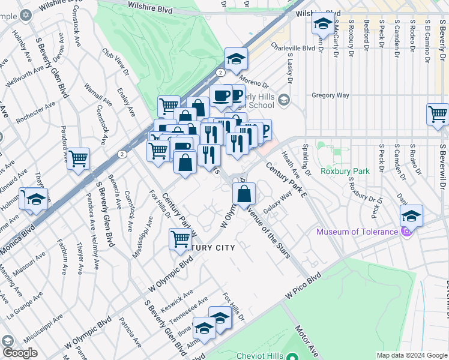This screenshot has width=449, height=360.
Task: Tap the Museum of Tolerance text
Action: coord(358,232)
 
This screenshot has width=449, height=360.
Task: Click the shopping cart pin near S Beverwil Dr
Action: coord(438,114)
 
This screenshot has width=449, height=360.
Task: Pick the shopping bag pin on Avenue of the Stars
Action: coord(244,194)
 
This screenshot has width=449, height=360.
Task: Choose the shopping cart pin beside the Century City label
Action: coord(181,239)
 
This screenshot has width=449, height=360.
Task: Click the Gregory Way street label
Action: coord(330,95)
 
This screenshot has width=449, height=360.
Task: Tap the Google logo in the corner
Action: coord(19,353)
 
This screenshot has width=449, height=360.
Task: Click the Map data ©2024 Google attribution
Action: coord(411,355)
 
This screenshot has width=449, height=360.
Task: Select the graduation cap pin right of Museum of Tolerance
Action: coord(411,216)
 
